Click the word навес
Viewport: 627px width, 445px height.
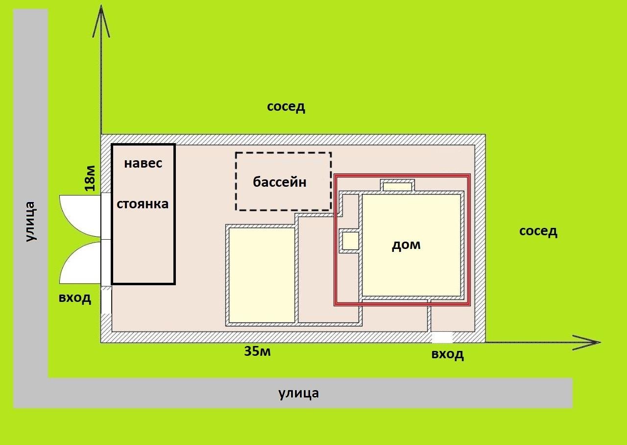(x=143, y=163)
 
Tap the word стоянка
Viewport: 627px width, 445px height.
(x=143, y=203)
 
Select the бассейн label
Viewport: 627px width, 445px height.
(x=280, y=182)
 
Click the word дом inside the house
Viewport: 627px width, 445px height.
(x=406, y=245)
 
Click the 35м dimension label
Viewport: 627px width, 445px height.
(x=258, y=351)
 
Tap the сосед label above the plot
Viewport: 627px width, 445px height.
(x=286, y=107)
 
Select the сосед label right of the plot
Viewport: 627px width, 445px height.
(x=538, y=231)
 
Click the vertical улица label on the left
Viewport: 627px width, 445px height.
(x=30, y=221)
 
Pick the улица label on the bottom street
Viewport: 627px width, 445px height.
(x=299, y=393)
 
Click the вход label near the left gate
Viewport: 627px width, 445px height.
(x=75, y=298)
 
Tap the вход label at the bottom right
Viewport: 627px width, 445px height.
(x=448, y=354)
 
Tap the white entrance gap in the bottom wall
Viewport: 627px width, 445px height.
(x=442, y=337)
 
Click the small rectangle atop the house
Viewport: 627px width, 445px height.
(x=397, y=186)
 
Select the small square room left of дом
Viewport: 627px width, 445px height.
(x=350, y=241)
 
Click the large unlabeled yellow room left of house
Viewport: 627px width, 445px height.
(x=262, y=275)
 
